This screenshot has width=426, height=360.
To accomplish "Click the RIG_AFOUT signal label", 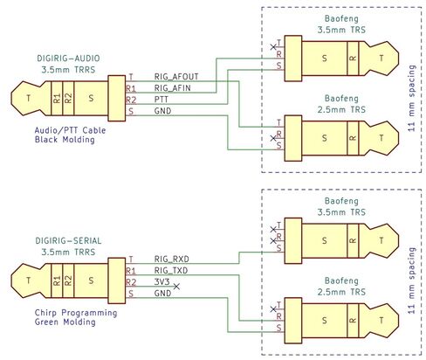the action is point(176,77).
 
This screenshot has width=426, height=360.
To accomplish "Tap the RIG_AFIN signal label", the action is point(172,88).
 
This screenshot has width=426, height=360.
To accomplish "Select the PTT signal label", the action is point(161,100).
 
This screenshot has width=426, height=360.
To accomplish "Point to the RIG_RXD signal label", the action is point(171,259).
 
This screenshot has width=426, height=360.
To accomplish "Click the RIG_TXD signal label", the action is point(171,270).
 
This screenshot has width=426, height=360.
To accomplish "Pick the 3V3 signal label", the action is point(161,281).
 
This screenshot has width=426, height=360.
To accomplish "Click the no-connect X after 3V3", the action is point(176,287).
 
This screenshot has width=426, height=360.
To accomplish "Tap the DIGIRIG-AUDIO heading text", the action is point(68,59).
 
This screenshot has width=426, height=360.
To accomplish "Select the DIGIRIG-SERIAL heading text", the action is point(68,240).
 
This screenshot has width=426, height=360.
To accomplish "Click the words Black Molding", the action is point(65,140).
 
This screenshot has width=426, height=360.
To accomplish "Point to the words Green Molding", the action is point(65,322).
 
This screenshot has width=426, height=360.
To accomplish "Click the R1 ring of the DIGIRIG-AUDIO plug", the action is point(57,98).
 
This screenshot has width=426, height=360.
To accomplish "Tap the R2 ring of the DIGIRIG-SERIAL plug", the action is point(68,280).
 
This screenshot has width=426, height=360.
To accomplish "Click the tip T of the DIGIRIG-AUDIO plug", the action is point(28,98).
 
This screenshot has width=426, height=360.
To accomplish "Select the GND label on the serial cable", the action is point(162,293).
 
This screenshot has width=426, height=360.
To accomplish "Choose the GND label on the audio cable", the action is point(162,111).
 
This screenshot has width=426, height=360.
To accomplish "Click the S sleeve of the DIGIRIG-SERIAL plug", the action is point(91,280).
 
